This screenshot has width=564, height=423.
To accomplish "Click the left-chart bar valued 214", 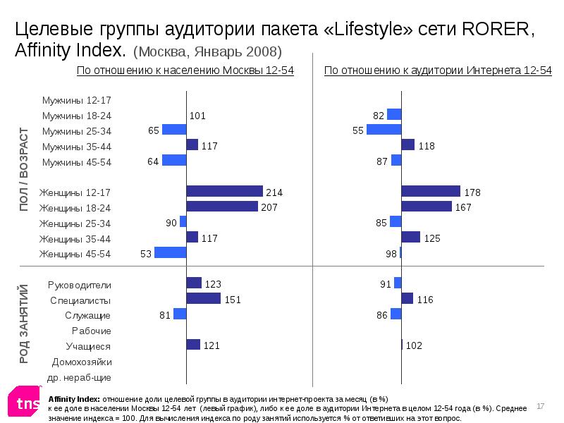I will [x=224, y=191].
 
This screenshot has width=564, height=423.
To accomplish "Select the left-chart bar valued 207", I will [x=222, y=207].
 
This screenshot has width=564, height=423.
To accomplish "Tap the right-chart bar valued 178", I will [x=431, y=191].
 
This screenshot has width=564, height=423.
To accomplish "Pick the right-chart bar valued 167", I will [x=427, y=207].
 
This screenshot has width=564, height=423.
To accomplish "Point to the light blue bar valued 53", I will [x=171, y=252].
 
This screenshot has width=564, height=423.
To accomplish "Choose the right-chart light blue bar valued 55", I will [x=384, y=130].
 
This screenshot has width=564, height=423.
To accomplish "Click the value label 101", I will [x=197, y=116].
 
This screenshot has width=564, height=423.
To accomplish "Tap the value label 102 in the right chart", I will [x=414, y=345].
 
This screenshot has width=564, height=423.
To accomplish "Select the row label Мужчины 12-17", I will [x=76, y=100].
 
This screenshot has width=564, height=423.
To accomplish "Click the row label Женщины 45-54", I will [x=75, y=254].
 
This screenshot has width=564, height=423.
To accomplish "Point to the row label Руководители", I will [x=79, y=285].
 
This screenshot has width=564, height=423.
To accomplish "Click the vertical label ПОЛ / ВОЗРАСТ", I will [x=24, y=168].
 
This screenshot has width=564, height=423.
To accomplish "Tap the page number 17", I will [x=541, y=406].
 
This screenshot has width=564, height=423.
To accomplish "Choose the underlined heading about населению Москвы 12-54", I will [x=185, y=70].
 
